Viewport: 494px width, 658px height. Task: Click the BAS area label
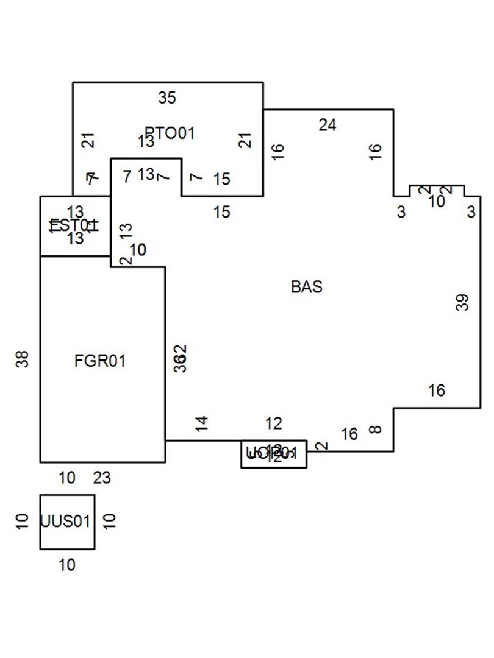pyautogui.click(x=307, y=287)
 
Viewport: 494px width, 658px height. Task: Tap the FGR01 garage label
pyautogui.click(x=100, y=361)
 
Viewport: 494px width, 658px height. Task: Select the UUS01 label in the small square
pyautogui.click(x=66, y=522)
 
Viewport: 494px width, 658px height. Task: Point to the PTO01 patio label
pyautogui.click(x=170, y=133)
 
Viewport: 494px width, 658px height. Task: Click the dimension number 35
pyautogui.click(x=166, y=97)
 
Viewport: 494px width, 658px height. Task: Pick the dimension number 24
pyautogui.click(x=328, y=125)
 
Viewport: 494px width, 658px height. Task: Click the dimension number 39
pyautogui.click(x=464, y=303)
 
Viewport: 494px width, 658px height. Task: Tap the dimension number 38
pyautogui.click(x=23, y=359)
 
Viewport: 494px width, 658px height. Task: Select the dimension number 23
pyautogui.click(x=102, y=478)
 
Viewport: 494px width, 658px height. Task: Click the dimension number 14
pyautogui.click(x=202, y=423)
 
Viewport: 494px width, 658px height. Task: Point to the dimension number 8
pyautogui.click(x=376, y=430)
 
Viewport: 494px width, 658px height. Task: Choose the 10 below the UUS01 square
pyautogui.click(x=67, y=565)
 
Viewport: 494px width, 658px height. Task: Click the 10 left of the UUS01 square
pyautogui.click(x=23, y=522)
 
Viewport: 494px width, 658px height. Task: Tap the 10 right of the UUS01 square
pyautogui.click(x=110, y=522)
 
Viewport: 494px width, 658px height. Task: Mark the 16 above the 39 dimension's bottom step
pyautogui.click(x=437, y=391)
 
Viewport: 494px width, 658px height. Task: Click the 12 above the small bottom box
pyautogui.click(x=274, y=423)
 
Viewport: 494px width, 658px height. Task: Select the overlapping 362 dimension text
pyautogui.click(x=181, y=359)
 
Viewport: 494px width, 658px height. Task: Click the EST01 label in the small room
pyautogui.click(x=74, y=226)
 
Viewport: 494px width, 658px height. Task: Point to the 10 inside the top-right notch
pyautogui.click(x=437, y=202)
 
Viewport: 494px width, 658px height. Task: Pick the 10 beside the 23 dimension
pyautogui.click(x=67, y=478)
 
